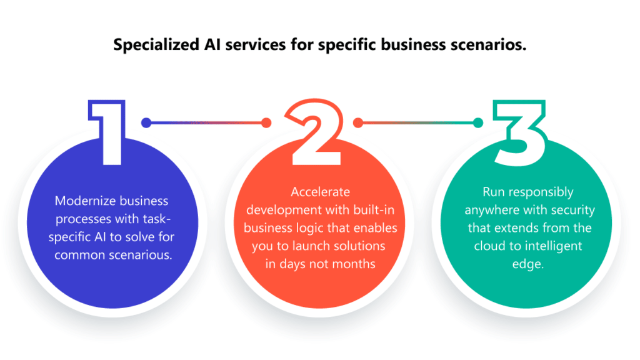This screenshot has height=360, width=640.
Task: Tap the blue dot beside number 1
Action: [x=146, y=123]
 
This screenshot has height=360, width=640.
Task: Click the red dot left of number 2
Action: [x=266, y=123]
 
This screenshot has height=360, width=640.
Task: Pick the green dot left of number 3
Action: [x=478, y=123]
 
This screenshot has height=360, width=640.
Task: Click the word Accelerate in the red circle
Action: [x=320, y=192]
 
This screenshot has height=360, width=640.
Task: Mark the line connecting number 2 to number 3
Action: [x=418, y=123]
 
